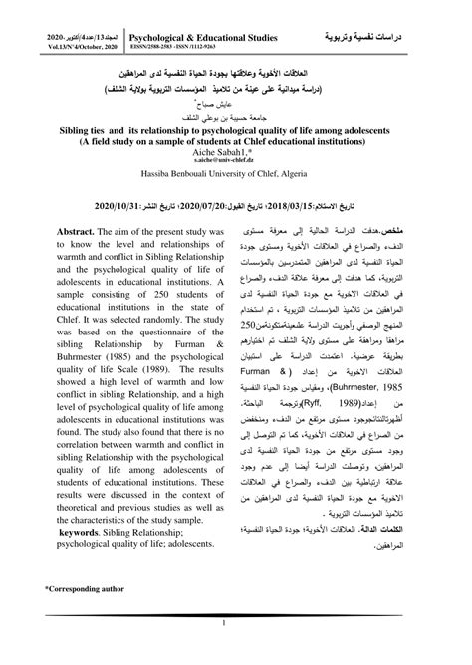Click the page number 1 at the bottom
236,624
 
